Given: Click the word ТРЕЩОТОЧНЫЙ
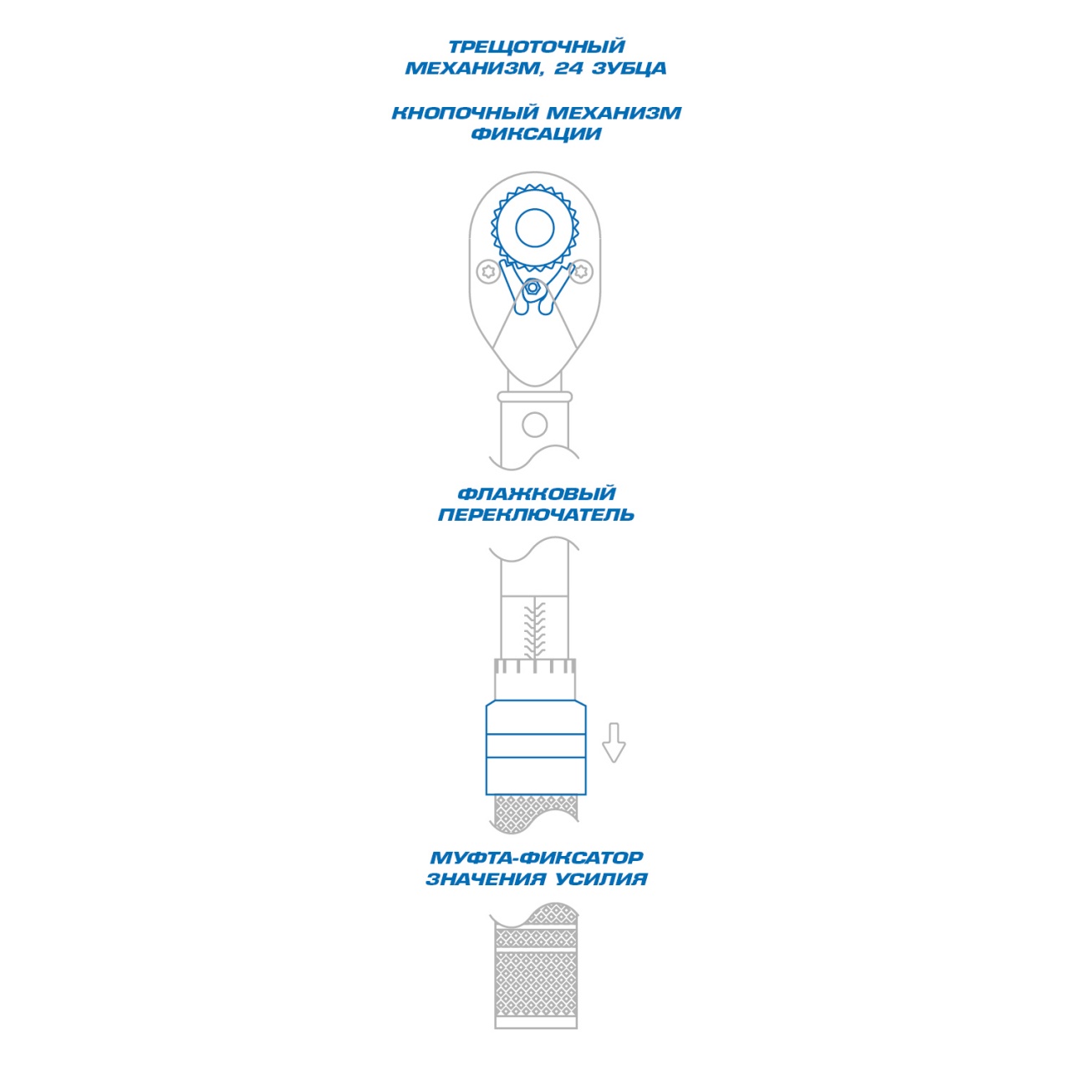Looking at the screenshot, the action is [536, 47].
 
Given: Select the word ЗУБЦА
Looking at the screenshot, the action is [629, 69].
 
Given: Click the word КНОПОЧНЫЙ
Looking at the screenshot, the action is [465, 113].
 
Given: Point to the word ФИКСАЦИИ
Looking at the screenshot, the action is [536, 134].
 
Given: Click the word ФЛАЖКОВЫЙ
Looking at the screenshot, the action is [536, 494].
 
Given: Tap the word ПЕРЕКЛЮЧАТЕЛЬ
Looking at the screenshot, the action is [536, 515].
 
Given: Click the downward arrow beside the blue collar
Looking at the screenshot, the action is [614, 742].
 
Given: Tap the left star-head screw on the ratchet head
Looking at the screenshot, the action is [489, 272].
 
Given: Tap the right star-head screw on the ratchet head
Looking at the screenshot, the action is [581, 272].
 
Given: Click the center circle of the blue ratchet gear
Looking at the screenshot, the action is [535, 227].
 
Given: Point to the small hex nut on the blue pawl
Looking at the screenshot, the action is [532, 287].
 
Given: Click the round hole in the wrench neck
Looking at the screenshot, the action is [535, 425].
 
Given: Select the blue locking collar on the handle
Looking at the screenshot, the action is [536, 748].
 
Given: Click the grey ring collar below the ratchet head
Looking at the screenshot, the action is [535, 396].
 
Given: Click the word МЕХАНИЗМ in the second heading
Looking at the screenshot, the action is [614, 113].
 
